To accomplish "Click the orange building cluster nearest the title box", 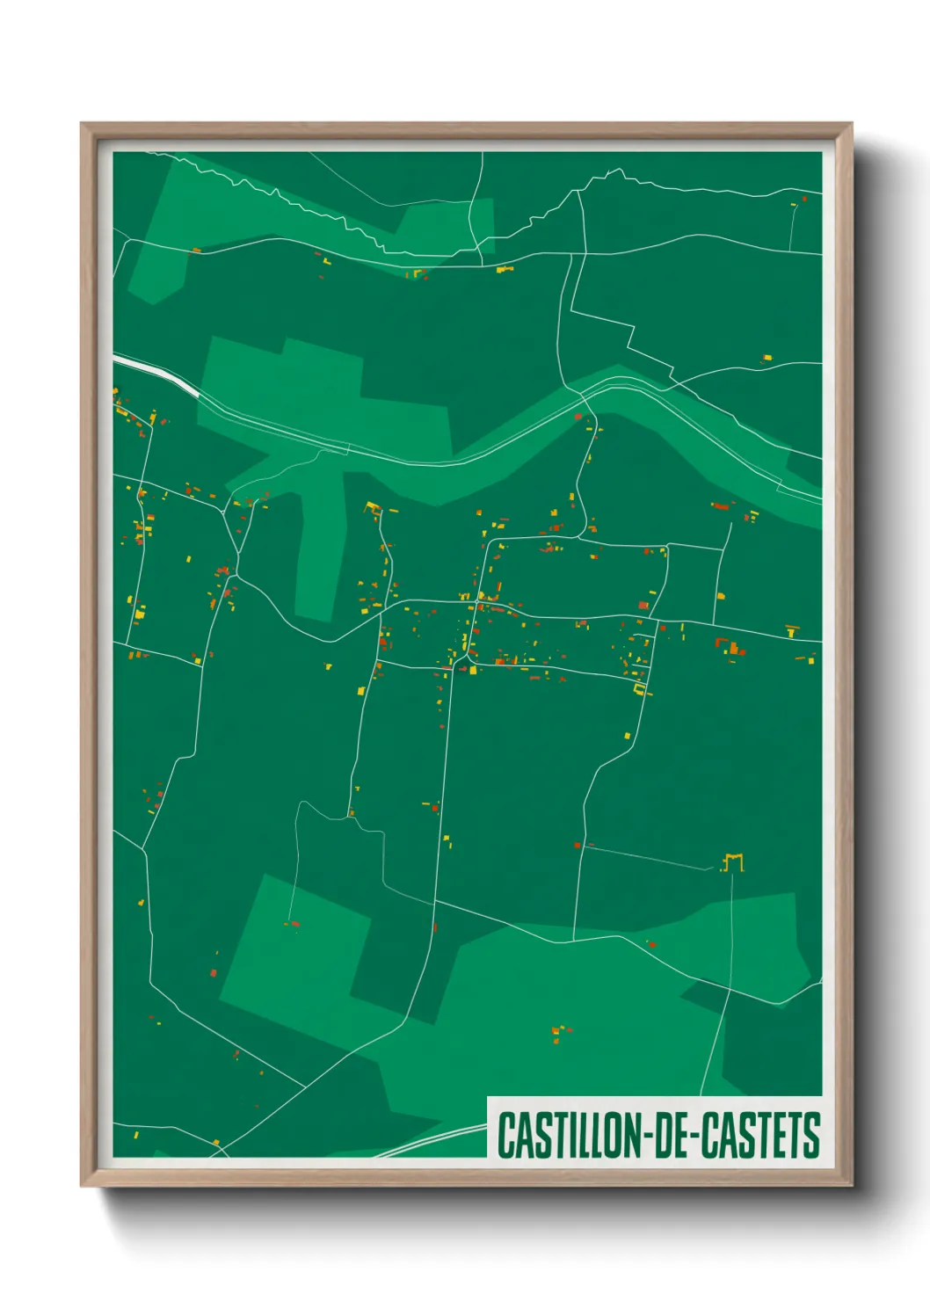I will [x=560, y=1031].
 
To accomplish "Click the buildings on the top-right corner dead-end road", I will [x=798, y=201].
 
